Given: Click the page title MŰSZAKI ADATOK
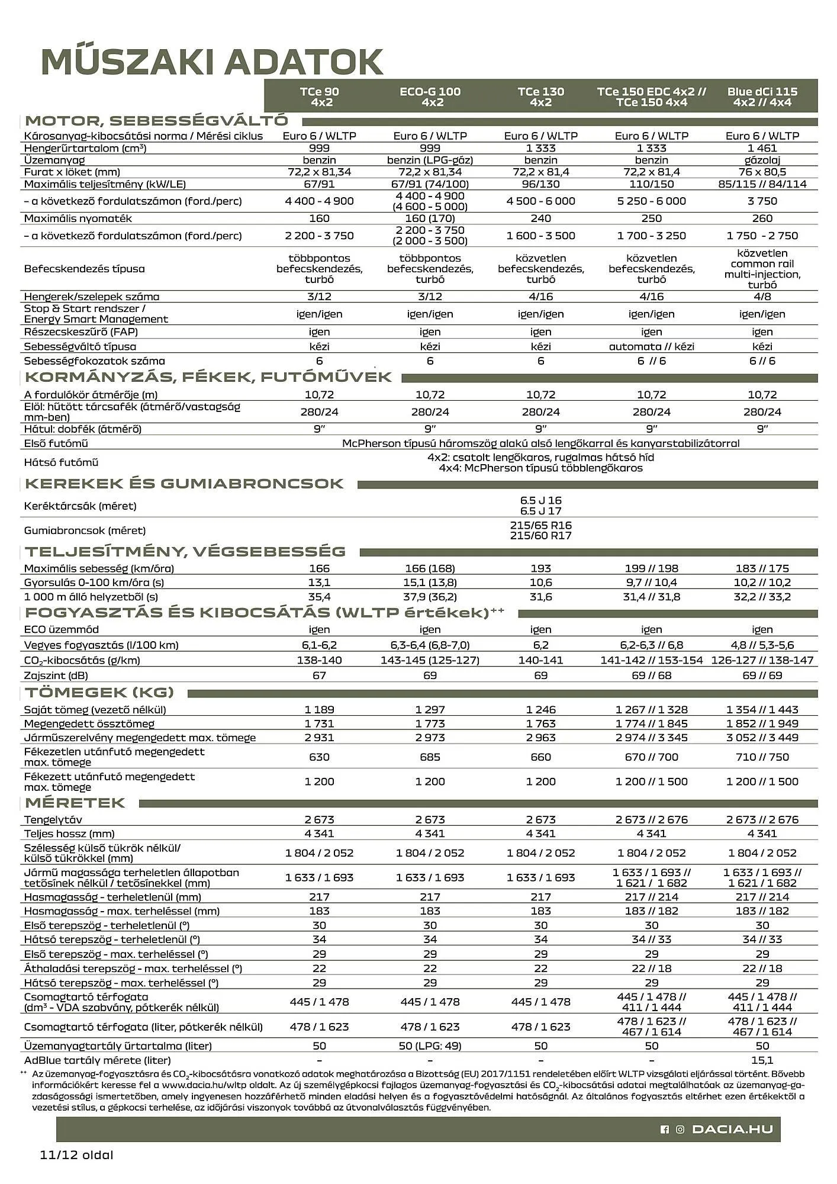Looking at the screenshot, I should [212, 61].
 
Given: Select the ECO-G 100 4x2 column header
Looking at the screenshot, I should [430, 96].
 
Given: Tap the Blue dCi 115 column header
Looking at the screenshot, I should [762, 96].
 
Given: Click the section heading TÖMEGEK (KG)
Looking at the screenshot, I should [99, 692].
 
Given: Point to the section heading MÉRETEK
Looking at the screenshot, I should [75, 803].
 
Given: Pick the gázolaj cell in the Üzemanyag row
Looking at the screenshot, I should [762, 160].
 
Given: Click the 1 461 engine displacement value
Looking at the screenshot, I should [762, 148].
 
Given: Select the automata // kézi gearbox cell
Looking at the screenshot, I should [651, 346].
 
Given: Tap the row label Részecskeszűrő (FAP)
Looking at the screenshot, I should [81, 332].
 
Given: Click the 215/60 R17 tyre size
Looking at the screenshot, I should [540, 536].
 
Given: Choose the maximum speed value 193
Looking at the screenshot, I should [540, 568].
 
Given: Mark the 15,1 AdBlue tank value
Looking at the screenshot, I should [762, 1060].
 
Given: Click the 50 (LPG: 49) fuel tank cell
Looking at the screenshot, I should [430, 1045].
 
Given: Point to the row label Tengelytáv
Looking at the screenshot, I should [53, 820].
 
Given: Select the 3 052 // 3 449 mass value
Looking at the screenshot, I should [762, 738].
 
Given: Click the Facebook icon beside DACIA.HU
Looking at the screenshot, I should [664, 1130].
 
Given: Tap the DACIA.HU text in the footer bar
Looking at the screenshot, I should [732, 1130].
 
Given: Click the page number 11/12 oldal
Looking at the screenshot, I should [76, 1155].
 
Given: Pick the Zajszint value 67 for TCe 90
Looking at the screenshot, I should [319, 675].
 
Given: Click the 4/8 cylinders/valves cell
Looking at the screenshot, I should [762, 297].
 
